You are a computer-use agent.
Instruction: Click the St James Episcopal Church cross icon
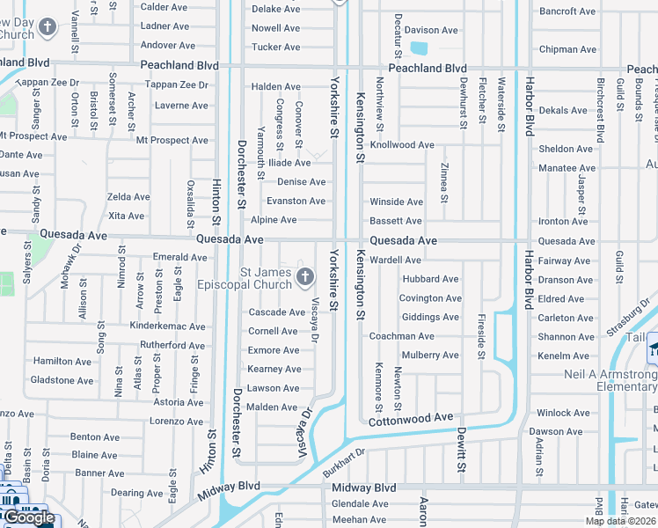(305, 278)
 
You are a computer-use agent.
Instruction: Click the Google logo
(28, 518)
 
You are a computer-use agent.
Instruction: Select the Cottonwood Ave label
(411, 417)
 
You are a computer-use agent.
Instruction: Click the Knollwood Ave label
(402, 145)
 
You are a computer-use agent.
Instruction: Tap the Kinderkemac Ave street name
(167, 326)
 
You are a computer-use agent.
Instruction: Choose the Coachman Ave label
(401, 336)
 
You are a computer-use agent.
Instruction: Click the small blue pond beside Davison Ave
(418, 48)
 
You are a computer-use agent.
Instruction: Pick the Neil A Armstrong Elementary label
(612, 380)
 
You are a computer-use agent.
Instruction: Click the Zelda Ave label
(128, 197)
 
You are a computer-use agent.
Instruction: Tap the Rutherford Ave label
(172, 345)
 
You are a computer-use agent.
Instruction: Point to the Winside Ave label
(396, 202)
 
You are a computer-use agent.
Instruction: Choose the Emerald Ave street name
(179, 258)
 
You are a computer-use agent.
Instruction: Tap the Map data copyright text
(620, 521)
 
